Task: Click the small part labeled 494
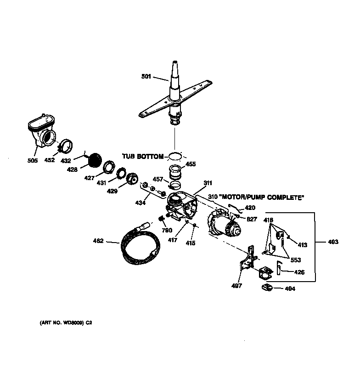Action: tap(266, 288)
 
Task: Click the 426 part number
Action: tap(299, 272)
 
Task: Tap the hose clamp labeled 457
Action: tap(175, 186)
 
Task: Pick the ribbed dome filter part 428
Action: tap(95, 161)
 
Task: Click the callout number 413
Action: tap(303, 245)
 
